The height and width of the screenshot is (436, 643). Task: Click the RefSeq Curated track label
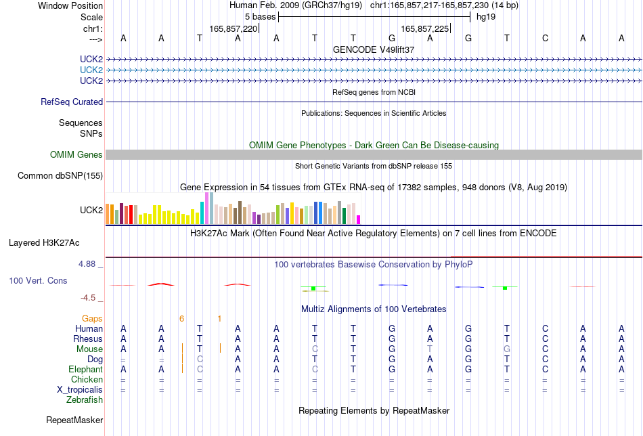tap(72, 102)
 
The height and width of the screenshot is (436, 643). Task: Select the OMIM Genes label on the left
tap(76, 154)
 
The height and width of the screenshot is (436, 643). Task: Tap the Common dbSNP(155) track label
tap(60, 176)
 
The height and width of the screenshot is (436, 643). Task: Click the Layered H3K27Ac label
tap(44, 243)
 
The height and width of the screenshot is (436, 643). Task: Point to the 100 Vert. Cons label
tap(38, 280)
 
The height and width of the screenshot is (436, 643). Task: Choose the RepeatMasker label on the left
tap(74, 420)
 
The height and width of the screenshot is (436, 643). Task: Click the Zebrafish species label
tap(85, 400)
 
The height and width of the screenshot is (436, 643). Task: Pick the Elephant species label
tap(86, 370)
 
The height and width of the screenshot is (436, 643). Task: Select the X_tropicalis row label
tap(80, 390)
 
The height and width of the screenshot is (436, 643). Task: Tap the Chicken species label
tap(87, 380)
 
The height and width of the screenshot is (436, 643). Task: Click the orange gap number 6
tap(181, 319)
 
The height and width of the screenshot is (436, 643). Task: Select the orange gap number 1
tap(220, 319)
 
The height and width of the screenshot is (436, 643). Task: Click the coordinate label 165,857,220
tap(234, 28)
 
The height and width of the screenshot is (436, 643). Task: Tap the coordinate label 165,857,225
tap(425, 28)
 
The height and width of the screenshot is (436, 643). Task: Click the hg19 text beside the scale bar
tap(486, 17)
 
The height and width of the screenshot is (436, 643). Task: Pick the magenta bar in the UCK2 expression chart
tap(359, 220)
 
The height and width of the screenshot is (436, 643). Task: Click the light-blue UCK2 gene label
tap(91, 70)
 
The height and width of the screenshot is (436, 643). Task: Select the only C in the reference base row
tap(545, 39)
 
